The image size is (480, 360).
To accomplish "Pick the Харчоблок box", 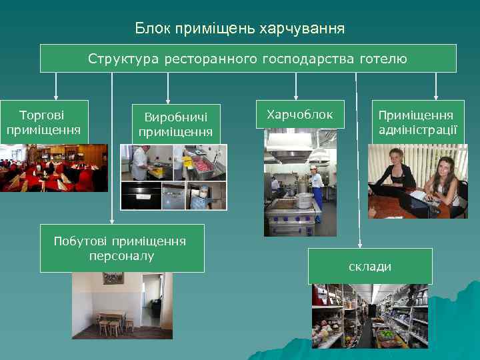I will click(300, 115).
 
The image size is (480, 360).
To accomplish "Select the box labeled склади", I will click(370, 267).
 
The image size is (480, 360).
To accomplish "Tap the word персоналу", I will click(122, 256).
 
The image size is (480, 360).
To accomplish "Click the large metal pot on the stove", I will click(303, 200).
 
